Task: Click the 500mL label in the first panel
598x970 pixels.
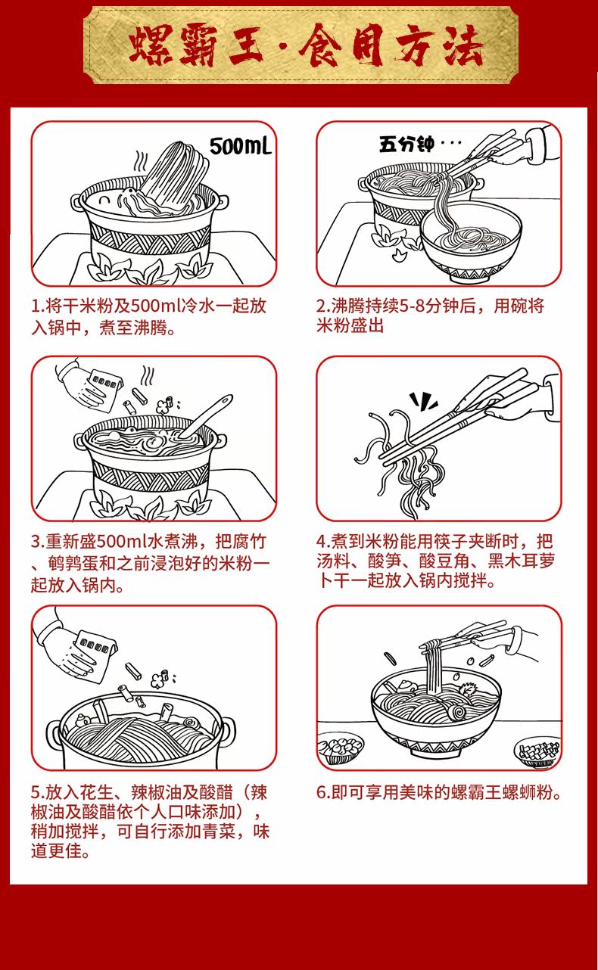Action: point(239,145)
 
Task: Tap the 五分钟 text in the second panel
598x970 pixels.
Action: point(406,144)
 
